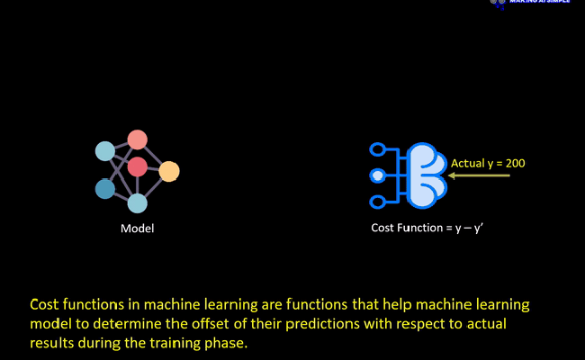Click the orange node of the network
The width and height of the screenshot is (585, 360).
click(169, 170)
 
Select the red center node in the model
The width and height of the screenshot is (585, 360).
click(137, 166)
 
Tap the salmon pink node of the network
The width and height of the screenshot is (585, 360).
click(137, 139)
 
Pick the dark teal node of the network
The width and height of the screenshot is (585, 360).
click(105, 189)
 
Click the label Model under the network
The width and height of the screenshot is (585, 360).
click(137, 229)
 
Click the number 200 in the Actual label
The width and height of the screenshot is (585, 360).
click(514, 163)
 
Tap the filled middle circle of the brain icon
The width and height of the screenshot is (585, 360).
click(379, 175)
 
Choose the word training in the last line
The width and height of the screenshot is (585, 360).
click(160, 344)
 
